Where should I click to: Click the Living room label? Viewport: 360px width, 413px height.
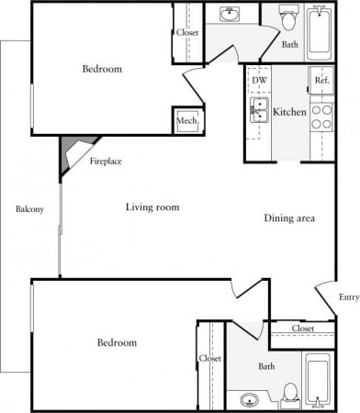click(152, 207)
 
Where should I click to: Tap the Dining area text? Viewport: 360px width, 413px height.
click(290, 218)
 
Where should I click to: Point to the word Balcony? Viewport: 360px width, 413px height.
click(29, 210)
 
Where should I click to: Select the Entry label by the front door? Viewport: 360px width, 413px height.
click(348, 296)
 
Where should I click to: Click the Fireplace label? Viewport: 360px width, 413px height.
click(106, 162)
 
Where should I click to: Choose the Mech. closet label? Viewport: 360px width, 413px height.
click(188, 120)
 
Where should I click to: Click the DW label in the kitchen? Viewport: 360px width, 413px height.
click(259, 81)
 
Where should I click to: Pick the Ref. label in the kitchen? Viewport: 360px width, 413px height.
click(321, 81)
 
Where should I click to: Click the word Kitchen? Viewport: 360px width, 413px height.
click(289, 112)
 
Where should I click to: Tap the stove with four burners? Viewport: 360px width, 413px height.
click(321, 117)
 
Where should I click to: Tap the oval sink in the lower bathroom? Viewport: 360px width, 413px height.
click(249, 400)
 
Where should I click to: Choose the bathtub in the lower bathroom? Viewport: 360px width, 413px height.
click(319, 380)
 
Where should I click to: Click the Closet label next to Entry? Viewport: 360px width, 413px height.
click(303, 329)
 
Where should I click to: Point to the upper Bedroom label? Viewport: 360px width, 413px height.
click(102, 69)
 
